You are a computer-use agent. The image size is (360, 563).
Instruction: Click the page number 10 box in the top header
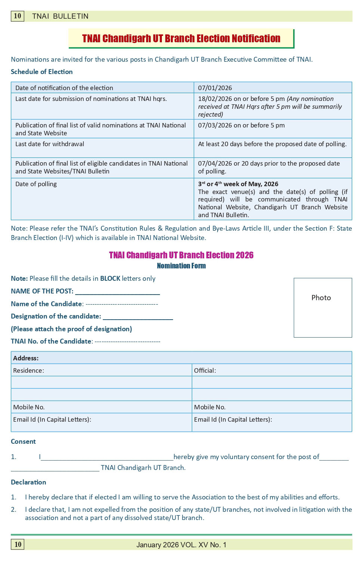coord(18,16)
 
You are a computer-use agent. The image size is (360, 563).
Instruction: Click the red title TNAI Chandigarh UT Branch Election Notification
coord(181,39)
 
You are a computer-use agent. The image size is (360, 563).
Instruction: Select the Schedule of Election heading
coord(41,72)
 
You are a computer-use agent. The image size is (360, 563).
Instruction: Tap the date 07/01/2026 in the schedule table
coord(215,88)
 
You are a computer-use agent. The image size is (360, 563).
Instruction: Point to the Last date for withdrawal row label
coord(50,144)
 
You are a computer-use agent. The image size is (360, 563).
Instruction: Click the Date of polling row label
coord(36,184)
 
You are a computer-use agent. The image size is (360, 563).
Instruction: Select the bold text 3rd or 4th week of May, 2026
coord(238,184)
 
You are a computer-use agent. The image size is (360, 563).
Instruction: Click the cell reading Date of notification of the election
coord(64,88)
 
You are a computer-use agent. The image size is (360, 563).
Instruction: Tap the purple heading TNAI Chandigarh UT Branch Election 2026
coord(181,255)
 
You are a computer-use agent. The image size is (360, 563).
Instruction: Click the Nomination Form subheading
coord(181,266)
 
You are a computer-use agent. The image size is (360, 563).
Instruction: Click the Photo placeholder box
coord(323,307)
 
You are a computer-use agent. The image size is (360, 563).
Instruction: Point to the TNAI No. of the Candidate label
coord(51,341)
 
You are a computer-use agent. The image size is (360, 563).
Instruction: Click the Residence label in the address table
coord(28,370)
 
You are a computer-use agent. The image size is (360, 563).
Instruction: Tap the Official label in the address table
coord(205,370)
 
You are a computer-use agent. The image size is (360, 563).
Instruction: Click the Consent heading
coord(23,442)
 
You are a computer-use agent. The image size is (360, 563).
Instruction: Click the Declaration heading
coord(28,482)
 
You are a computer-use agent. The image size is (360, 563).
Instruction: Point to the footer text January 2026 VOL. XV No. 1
coord(181,545)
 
